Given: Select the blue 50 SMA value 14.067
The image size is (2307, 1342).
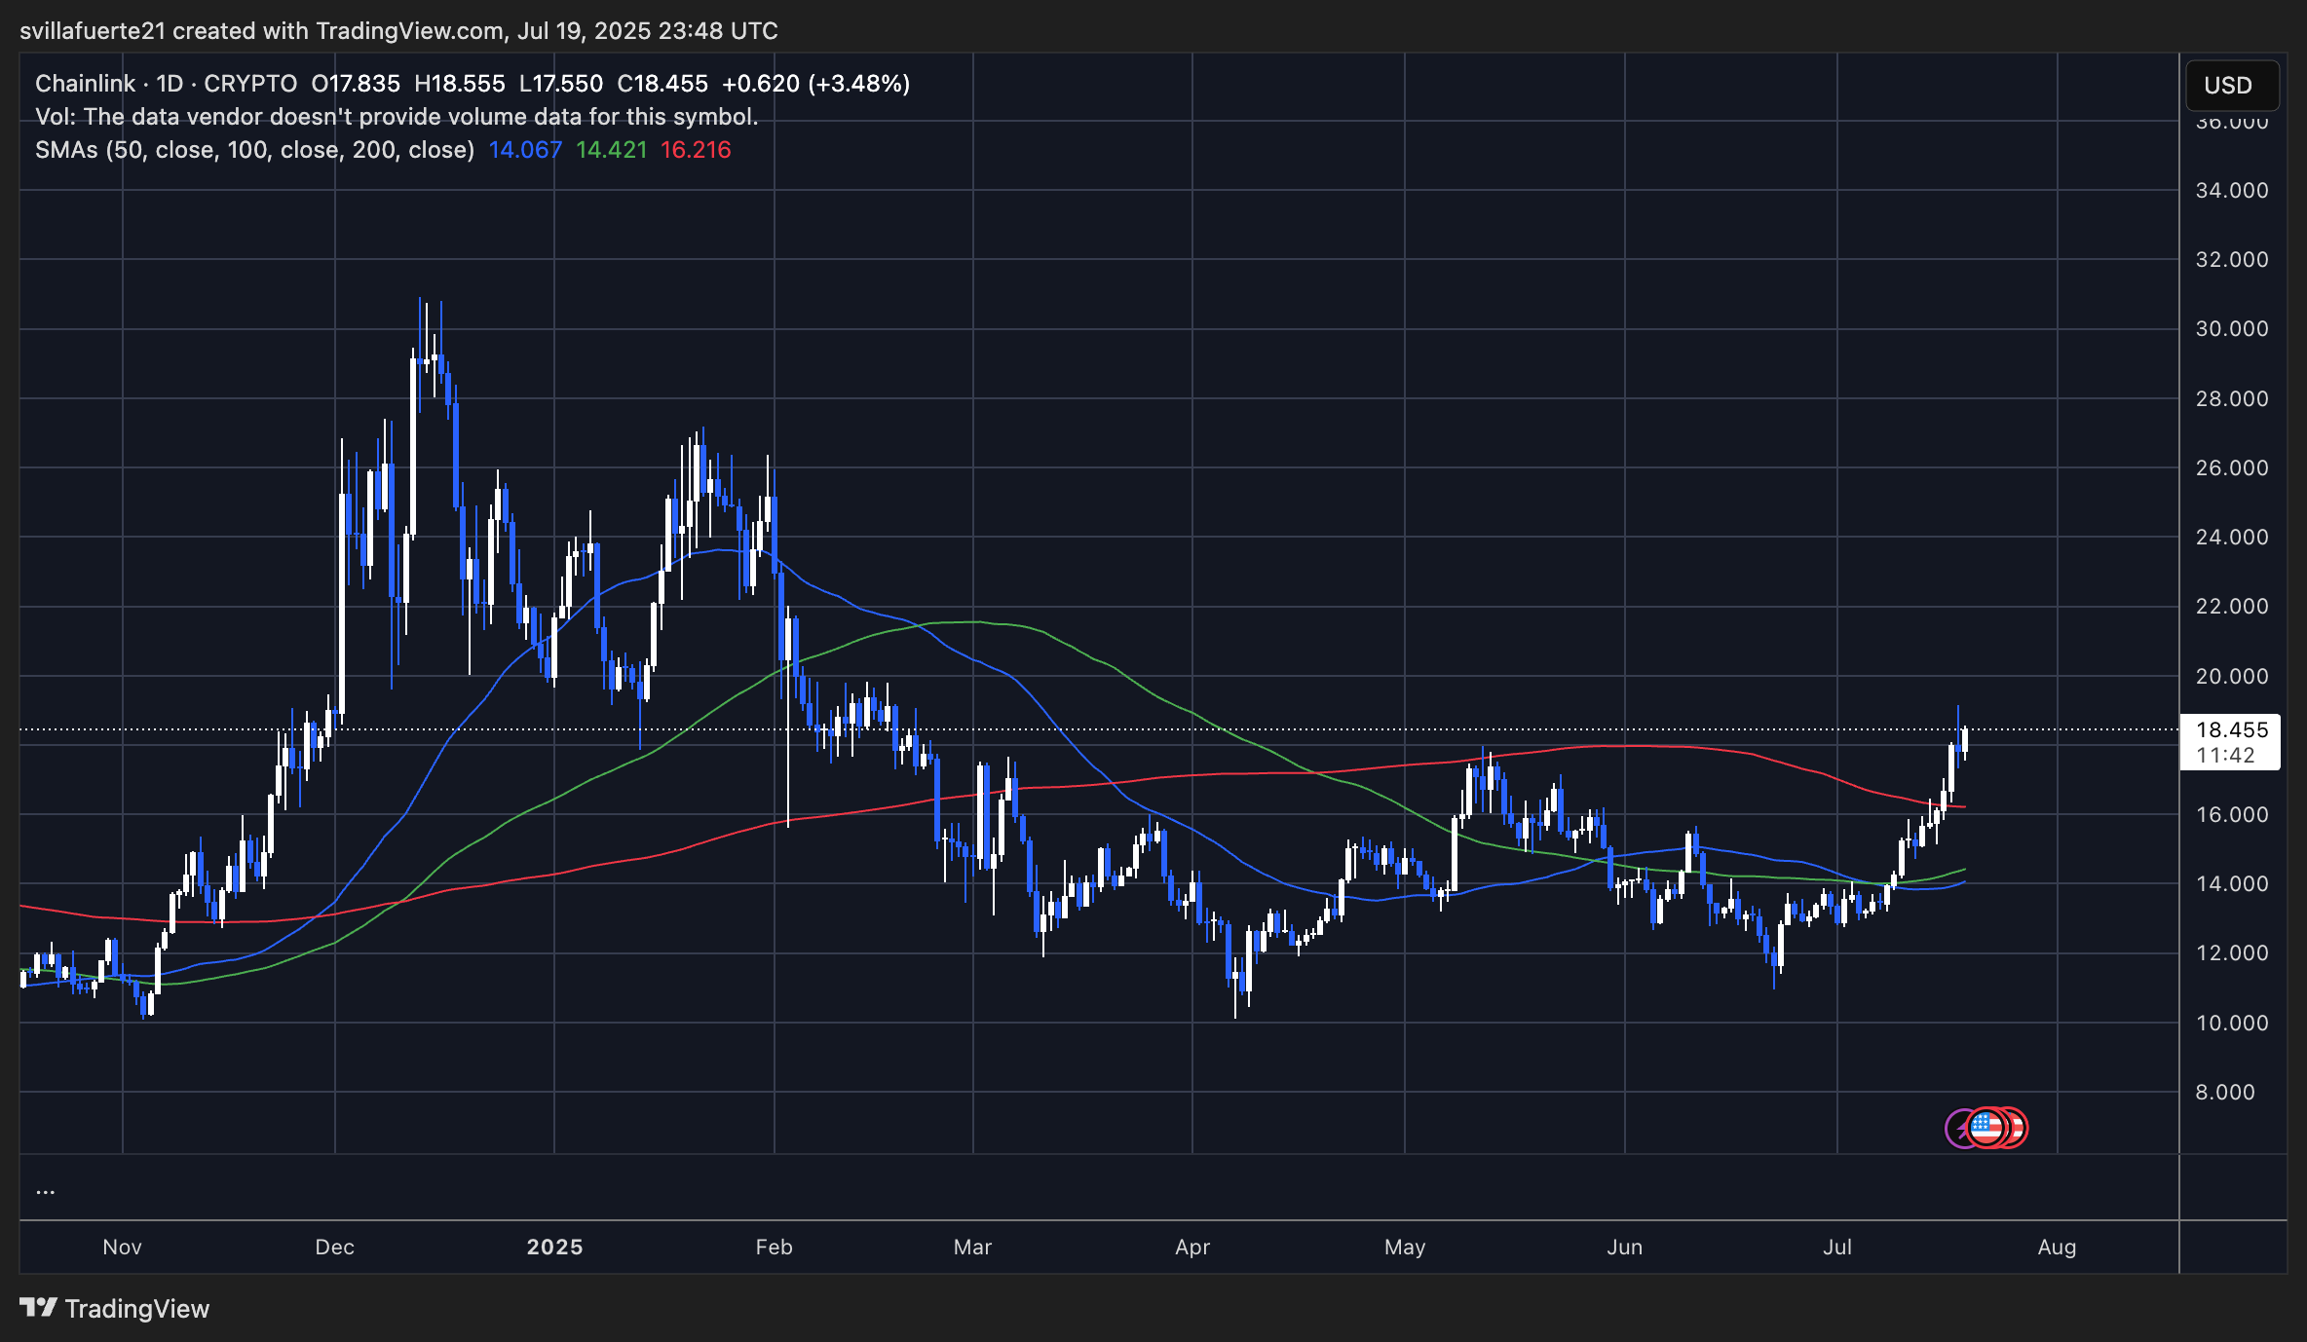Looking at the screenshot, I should click(x=525, y=150).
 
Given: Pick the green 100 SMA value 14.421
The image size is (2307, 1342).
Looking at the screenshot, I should click(x=611, y=150).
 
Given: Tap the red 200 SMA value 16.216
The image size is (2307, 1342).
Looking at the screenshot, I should click(x=696, y=150).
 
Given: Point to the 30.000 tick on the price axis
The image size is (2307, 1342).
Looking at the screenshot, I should click(x=2231, y=329).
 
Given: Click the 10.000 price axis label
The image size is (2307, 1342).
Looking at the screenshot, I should click(x=2231, y=1024).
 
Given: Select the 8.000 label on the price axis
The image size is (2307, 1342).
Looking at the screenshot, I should click(x=2225, y=1093).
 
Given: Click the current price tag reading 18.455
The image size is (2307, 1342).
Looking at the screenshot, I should click(x=2231, y=730).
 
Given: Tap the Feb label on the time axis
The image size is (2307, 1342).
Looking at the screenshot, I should click(x=774, y=1248).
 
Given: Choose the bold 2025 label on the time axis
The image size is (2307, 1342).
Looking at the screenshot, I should click(x=554, y=1248).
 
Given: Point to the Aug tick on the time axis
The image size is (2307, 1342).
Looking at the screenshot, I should click(x=2057, y=1248).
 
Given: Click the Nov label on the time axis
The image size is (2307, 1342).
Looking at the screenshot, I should click(x=122, y=1248).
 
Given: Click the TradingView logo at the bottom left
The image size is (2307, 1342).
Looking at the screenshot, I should click(x=115, y=1309).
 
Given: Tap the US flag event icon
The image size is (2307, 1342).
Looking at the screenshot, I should click(x=1986, y=1128).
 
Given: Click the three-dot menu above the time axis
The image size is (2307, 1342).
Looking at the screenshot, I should click(x=45, y=1191).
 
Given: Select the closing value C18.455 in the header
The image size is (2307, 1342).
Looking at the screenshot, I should click(x=662, y=84).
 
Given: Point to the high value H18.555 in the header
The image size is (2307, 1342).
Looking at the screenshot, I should click(x=460, y=84).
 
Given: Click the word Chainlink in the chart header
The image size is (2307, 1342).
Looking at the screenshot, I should click(x=86, y=84).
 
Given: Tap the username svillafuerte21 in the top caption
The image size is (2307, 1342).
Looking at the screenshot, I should click(x=94, y=31).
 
